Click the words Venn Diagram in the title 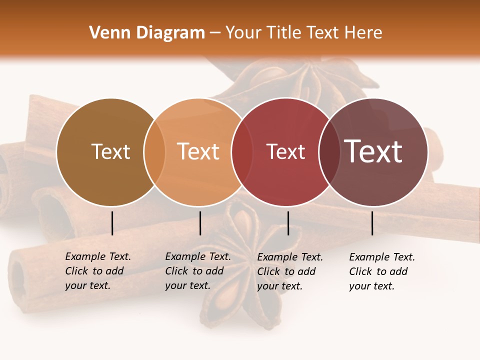[x=146, y=33]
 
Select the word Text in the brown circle [x=110, y=152]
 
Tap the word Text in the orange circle [x=198, y=151]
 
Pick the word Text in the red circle [x=285, y=152]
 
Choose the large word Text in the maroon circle [x=373, y=151]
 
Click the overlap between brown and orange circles [x=154, y=152]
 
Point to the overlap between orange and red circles [x=242, y=152]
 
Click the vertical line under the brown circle [x=112, y=223]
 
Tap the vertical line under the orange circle [x=200, y=223]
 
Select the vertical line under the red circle [x=288, y=223]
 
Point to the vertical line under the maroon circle [x=372, y=223]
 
